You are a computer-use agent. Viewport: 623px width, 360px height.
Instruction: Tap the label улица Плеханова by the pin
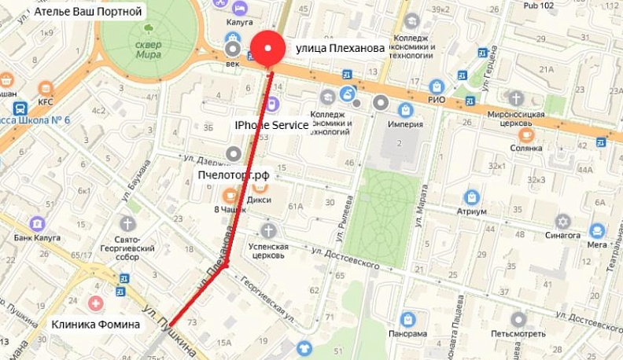click(340, 49)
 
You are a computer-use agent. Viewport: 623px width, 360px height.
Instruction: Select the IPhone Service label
click(271, 125)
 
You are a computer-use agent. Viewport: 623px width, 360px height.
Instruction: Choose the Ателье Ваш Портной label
click(88, 13)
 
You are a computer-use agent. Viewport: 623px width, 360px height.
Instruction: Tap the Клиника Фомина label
click(96, 324)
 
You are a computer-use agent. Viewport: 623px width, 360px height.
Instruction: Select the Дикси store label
click(260, 200)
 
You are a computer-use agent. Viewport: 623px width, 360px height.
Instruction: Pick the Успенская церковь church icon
click(269, 230)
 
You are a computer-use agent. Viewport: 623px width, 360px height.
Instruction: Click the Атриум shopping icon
click(472, 197)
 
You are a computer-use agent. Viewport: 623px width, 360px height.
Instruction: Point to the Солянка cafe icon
click(526, 134)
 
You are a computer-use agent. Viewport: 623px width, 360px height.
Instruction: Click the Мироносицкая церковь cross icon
click(515, 98)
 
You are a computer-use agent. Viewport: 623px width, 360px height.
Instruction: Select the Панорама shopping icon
click(407, 319)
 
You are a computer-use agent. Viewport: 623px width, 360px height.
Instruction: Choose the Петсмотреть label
click(518, 334)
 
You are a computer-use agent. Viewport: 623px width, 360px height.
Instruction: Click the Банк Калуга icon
click(35, 224)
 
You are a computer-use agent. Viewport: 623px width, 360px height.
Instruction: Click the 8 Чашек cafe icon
click(230, 196)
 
